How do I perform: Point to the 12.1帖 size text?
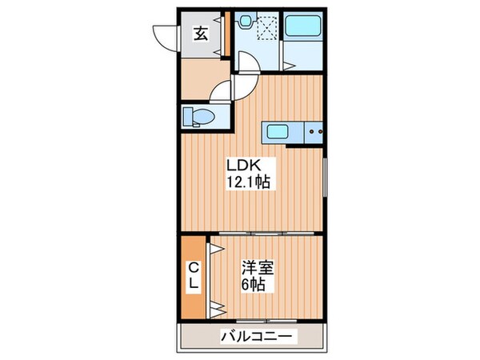[x=248, y=182]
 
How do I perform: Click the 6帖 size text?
[x=256, y=285]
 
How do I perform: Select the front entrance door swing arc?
[x=166, y=36]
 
